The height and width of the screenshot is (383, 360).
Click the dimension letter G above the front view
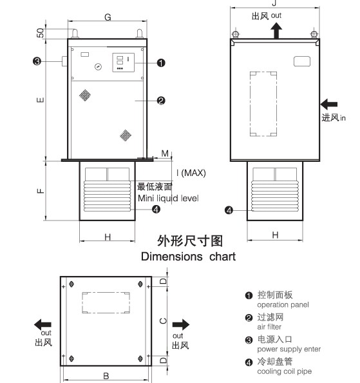tap(108, 17)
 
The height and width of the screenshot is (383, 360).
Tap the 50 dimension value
tap(41, 33)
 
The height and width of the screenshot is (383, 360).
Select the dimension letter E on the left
tap(41, 100)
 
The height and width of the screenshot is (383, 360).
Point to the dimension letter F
tap(41, 191)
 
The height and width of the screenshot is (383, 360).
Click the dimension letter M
tap(165, 153)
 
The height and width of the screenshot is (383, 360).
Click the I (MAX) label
tap(191, 173)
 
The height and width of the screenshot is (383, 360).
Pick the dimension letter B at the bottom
tap(106, 376)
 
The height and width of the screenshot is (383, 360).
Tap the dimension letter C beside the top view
tap(163, 321)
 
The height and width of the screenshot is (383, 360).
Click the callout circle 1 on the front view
tap(161, 63)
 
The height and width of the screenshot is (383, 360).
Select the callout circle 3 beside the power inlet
tap(37, 61)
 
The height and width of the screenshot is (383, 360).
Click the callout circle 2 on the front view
tap(161, 101)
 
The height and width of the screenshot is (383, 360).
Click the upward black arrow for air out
tap(276, 30)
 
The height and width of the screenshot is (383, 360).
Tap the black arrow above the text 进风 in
tap(329, 104)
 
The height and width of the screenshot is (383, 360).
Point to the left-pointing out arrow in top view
tap(43, 324)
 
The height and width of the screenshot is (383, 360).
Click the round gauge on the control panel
tap(98, 66)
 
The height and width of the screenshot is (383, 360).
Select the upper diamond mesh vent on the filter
tap(85, 95)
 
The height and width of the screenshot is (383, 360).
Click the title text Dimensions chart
tap(188, 257)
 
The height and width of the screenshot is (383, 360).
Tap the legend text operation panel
tap(283, 305)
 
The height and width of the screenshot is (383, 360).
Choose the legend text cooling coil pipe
tap(285, 371)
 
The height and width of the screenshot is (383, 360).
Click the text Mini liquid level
tap(168, 198)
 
